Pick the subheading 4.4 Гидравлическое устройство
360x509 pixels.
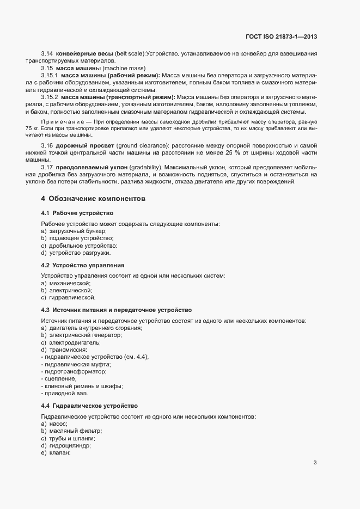[x=89, y=406]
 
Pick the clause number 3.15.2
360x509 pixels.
[x=50, y=97]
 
